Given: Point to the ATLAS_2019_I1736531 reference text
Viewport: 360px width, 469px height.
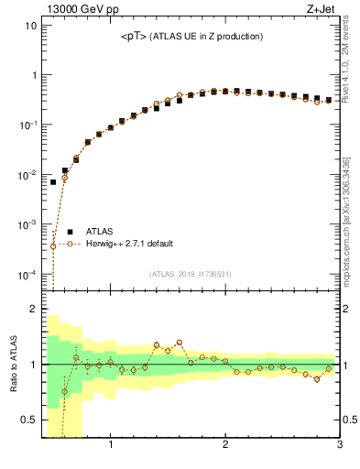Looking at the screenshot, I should point(191,274).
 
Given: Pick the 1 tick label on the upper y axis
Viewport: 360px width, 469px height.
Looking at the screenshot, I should point(33,75).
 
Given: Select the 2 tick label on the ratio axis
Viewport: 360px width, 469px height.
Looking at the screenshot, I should point(33,309).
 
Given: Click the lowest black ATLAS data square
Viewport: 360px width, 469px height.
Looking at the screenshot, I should point(53,182).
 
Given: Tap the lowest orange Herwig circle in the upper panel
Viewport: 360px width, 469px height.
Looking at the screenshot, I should point(53,245).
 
